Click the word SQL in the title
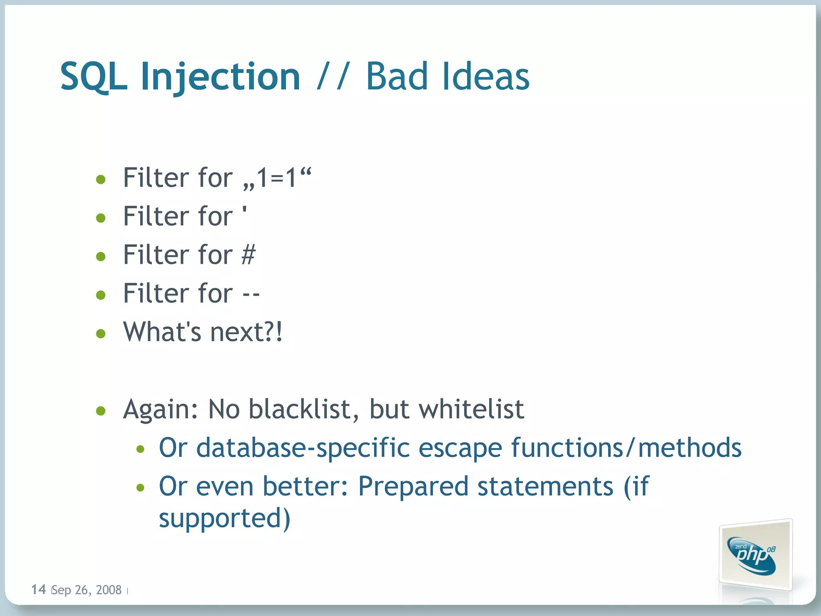(93, 77)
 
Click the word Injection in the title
(220, 77)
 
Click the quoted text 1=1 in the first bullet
(277, 178)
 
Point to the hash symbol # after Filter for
(249, 255)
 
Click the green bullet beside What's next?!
(101, 333)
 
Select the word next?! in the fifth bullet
(246, 332)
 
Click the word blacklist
(299, 409)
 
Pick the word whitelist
(471, 409)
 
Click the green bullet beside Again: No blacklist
(101, 411)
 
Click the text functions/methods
(626, 448)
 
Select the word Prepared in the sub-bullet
(413, 487)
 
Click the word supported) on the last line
(224, 519)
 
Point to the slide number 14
(38, 590)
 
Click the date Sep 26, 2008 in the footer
(87, 590)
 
